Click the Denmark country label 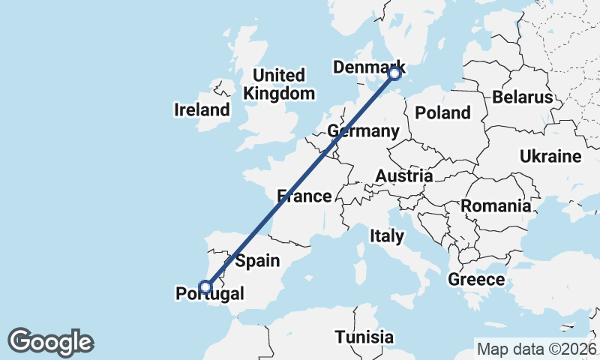pos(368,67)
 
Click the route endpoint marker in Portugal pos(205,286)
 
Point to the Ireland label pos(202,110)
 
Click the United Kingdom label pos(279,85)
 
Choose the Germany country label pos(364,131)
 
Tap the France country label pos(304,196)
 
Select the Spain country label pos(257,261)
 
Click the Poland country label pos(443,113)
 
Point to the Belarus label pos(523,97)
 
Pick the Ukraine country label pos(550,157)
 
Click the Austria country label pos(403,176)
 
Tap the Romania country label pos(496,205)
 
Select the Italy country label pos(387,236)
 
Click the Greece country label pos(476,280)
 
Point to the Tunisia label pos(364,337)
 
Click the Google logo pos(50,342)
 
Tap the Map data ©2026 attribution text pos(537,349)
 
